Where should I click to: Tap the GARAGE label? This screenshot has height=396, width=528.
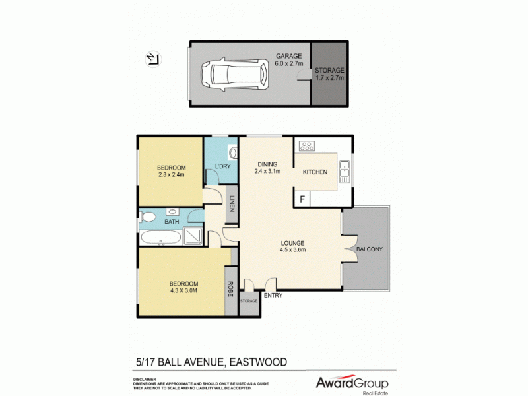pyautogui.click(x=288, y=57)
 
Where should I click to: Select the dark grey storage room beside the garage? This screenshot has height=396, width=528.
pyautogui.click(x=329, y=73)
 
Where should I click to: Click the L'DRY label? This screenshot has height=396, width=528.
pyautogui.click(x=223, y=166)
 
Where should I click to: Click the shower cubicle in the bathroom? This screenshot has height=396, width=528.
pyautogui.click(x=192, y=236)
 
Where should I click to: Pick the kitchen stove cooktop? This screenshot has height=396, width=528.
pyautogui.click(x=307, y=146)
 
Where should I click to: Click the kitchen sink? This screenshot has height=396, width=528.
pyautogui.click(x=343, y=171)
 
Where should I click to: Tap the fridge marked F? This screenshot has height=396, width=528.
pyautogui.click(x=302, y=198)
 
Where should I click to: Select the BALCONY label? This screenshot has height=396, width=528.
pyautogui.click(x=369, y=249)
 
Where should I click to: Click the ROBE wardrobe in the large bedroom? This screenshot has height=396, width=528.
pyautogui.click(x=230, y=289)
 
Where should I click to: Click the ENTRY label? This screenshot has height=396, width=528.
pyautogui.click(x=273, y=295)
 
